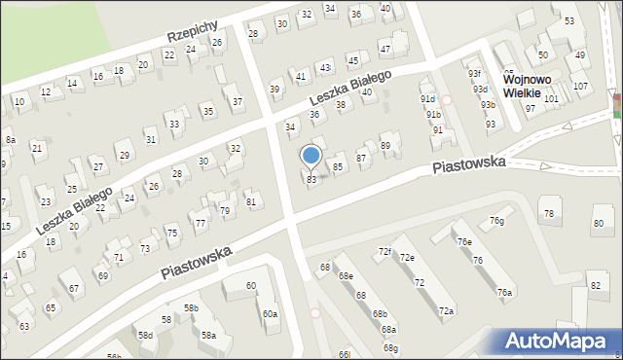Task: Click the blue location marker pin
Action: click(311, 156)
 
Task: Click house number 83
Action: click(311, 179)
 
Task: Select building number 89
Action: click(385, 146)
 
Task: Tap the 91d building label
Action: click(427, 99)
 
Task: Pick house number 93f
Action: click(474, 74)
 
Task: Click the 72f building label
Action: click(385, 251)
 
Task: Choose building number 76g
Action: click(497, 221)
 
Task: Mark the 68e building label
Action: click(346, 276)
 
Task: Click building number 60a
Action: click(270, 313)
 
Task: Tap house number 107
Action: click(581, 87)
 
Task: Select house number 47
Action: click(385, 49)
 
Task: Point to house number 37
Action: click(238, 101)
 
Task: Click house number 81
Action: click(250, 201)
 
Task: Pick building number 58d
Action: click(145, 335)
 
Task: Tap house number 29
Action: click(124, 156)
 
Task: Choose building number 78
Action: click(548, 213)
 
